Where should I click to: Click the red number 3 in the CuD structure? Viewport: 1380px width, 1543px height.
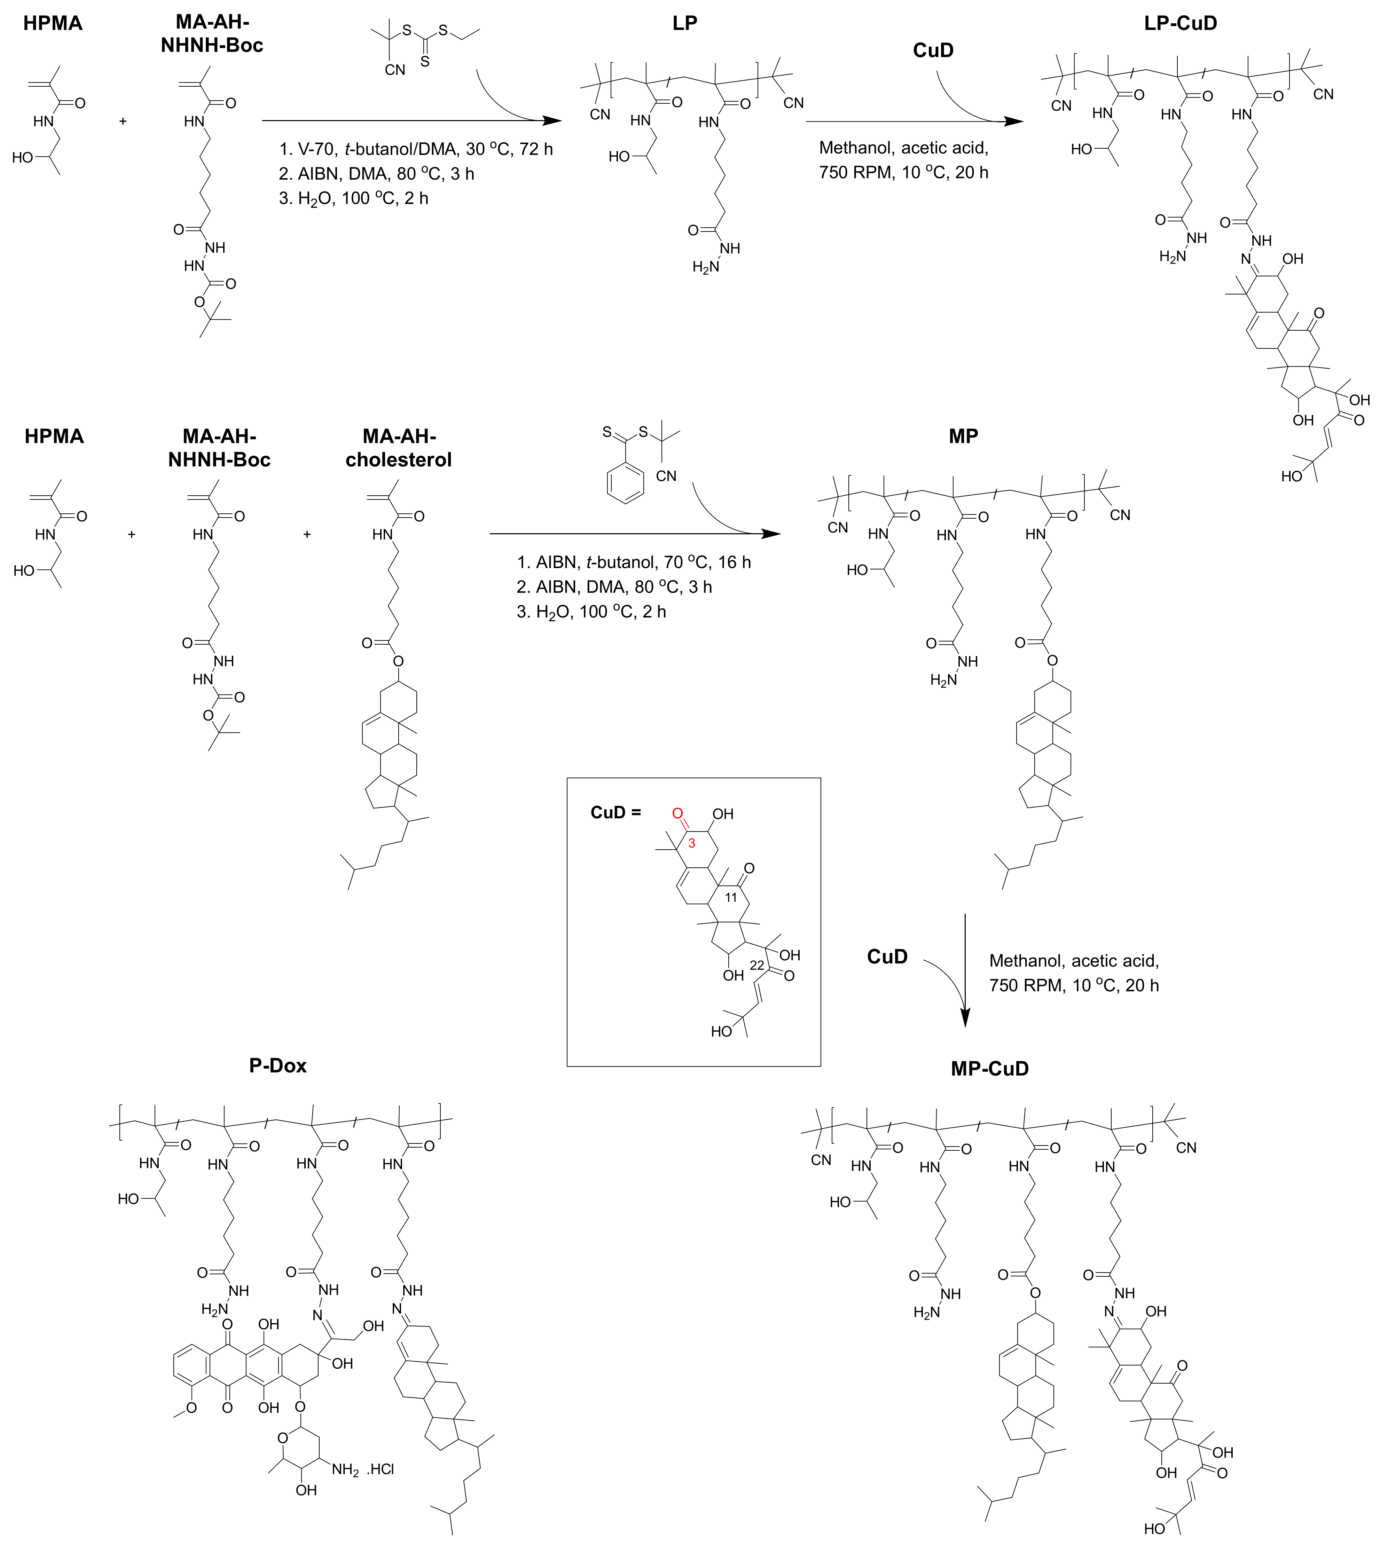click(691, 842)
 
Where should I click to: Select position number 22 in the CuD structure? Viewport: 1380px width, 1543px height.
click(757, 965)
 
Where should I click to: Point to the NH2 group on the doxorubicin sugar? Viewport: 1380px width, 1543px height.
click(345, 1470)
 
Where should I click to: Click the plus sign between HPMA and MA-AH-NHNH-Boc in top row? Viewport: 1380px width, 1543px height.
click(123, 120)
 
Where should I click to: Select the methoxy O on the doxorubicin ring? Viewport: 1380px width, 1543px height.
click(191, 1409)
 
